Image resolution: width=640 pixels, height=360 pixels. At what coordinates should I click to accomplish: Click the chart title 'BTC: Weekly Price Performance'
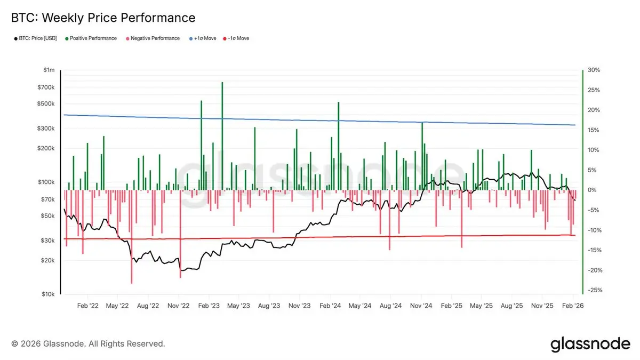[103, 18]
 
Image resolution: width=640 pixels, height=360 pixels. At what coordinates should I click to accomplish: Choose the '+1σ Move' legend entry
[205, 38]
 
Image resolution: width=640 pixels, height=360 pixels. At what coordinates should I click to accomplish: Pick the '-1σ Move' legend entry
[238, 38]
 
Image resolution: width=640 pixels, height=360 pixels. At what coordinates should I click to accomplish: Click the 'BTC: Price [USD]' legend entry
[36, 38]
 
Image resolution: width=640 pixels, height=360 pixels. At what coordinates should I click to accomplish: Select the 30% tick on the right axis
[593, 70]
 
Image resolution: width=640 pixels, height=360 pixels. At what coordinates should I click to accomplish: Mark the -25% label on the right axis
[593, 290]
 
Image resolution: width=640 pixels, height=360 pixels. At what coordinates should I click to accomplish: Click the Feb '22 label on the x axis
[87, 306]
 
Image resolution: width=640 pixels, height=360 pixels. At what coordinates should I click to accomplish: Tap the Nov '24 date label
[421, 306]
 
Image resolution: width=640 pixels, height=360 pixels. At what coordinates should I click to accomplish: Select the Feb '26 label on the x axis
[572, 306]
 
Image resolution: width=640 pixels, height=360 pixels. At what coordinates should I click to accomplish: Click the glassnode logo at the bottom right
[590, 344]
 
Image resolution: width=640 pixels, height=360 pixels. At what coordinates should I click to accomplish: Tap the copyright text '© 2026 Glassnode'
[89, 344]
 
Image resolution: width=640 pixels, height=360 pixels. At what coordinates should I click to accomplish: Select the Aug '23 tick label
[269, 306]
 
